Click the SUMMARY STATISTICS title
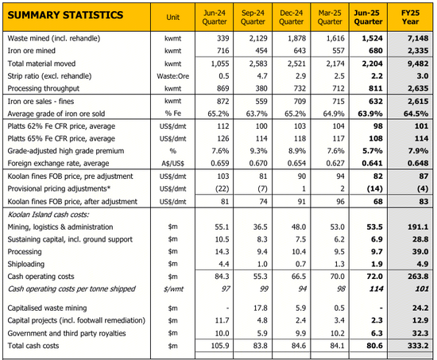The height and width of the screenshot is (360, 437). click(65, 15)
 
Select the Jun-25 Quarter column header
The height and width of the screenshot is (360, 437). click(368, 17)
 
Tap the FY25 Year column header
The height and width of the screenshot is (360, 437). click(410, 17)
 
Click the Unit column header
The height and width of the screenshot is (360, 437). click(172, 17)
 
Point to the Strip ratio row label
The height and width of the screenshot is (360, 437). click(49, 76)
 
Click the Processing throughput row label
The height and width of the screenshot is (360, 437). click(43, 88)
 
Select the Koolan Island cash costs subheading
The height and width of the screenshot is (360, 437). click(48, 215)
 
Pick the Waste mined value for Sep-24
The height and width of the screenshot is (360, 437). click(258, 38)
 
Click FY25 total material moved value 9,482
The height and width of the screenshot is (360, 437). click(418, 64)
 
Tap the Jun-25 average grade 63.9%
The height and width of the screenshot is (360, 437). click(370, 114)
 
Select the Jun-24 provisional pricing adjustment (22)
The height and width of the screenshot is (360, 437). click(222, 189)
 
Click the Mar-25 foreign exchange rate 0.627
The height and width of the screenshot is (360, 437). click(335, 163)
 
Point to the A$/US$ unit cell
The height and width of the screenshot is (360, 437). click(172, 164)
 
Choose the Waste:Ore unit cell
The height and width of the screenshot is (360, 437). click(172, 76)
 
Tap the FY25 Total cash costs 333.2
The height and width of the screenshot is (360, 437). click(418, 346)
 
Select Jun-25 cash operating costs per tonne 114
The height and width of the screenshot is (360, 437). click(377, 288)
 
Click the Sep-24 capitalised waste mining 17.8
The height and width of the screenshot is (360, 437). click(261, 308)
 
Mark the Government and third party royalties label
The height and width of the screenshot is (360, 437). click(67, 333)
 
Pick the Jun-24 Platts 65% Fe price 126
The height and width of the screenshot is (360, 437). click(223, 138)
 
